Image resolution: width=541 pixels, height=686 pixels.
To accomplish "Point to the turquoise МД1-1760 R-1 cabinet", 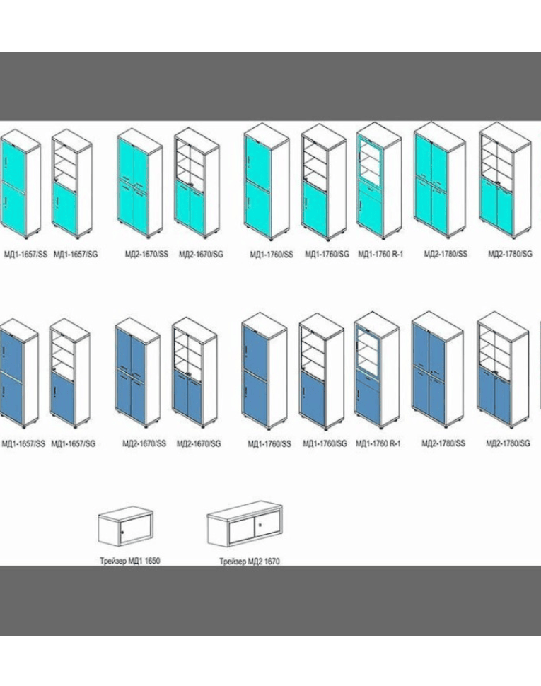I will coord(378,185).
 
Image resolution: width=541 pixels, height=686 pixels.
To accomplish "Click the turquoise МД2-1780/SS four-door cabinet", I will coord(438,176).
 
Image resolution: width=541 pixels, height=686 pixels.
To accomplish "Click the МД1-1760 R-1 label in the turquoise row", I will coord(380,254).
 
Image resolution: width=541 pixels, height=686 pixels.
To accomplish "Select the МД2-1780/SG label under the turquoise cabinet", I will coord(508,254).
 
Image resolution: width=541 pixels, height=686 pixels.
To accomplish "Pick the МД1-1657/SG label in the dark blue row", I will coord(74,443).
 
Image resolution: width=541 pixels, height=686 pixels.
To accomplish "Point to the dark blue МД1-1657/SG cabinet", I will coord(71,375).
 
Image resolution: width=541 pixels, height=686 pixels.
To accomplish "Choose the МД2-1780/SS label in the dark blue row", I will coord(443,443).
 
